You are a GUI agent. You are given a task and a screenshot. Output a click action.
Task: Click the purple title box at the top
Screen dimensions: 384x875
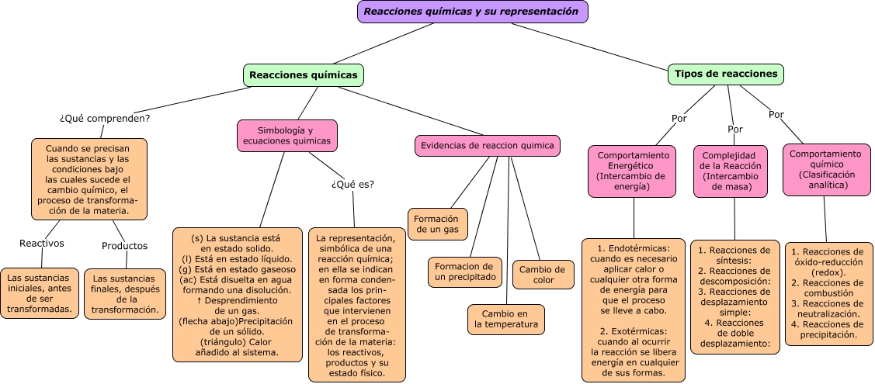[x=472, y=12]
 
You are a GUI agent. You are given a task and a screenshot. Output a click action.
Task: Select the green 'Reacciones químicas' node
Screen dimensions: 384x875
[x=304, y=75]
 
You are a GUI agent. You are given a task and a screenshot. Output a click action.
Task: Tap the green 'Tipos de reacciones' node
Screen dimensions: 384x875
[x=725, y=74]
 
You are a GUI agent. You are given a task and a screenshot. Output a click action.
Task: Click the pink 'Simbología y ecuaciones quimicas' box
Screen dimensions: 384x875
[x=286, y=136]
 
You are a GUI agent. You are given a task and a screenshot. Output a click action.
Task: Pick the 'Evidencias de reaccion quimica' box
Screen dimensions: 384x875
[x=488, y=146]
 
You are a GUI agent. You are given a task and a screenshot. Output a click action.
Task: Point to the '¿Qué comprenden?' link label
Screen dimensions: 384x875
[x=105, y=119]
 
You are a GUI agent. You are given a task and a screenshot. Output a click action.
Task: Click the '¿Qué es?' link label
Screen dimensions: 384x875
[x=352, y=185]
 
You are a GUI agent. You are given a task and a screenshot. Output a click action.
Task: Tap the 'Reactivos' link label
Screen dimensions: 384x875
[x=42, y=244]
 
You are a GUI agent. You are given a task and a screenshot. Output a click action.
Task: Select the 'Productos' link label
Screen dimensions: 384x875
[x=124, y=246]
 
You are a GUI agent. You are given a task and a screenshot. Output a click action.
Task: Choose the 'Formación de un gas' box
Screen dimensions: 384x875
[x=438, y=224]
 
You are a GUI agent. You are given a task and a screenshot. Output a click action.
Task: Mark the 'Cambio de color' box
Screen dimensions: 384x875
[x=543, y=275]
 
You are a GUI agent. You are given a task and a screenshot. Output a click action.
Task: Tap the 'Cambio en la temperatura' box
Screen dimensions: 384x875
[x=506, y=319]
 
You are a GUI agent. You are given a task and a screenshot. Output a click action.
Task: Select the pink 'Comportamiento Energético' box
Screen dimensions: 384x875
[x=633, y=171]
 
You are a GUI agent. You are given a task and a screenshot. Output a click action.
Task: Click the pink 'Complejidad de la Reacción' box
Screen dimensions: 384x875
[x=730, y=171]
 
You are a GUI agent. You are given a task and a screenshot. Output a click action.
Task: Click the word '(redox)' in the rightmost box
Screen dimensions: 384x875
[x=827, y=273]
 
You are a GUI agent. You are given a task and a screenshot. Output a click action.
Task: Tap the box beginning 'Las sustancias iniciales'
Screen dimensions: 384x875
[x=40, y=293]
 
